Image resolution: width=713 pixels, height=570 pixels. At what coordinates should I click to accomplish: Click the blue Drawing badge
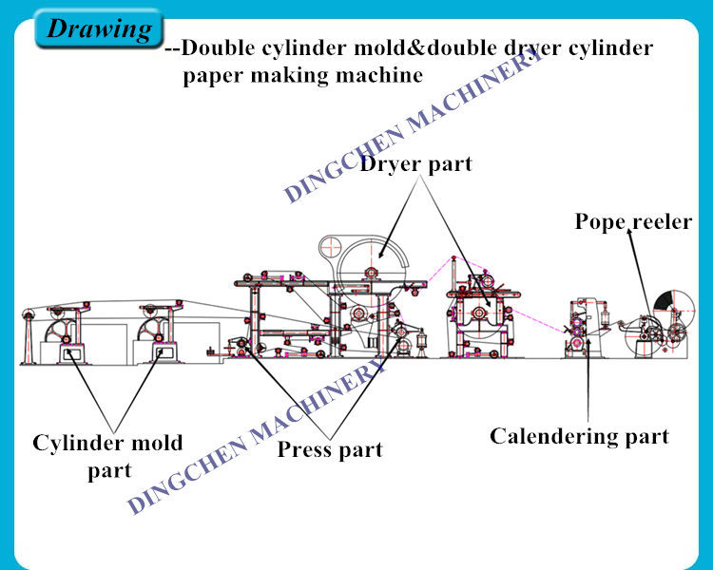(99, 29)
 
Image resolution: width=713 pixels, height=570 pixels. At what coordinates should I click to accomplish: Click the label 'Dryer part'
(416, 163)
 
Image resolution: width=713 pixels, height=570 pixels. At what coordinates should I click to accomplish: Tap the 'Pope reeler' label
(633, 221)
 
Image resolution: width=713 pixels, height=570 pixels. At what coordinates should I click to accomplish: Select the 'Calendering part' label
(579, 436)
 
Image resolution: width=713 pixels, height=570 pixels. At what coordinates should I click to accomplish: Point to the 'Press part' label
(330, 450)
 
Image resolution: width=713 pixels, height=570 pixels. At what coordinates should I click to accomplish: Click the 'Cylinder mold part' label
(107, 456)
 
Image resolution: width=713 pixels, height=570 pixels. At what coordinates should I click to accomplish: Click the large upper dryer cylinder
(372, 272)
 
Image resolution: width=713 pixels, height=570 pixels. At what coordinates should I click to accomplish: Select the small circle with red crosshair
(331, 247)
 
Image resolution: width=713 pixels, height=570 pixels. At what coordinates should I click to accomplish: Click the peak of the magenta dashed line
(453, 257)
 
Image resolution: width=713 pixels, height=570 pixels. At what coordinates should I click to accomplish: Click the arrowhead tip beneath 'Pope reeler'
(629, 229)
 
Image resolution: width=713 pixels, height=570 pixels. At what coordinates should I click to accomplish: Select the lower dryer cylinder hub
(479, 313)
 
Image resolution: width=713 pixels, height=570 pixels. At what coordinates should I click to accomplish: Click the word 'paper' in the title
(212, 76)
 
